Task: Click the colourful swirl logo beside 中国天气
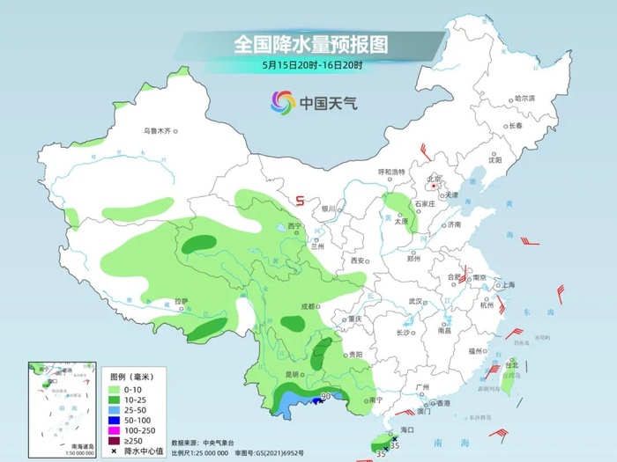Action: point(283,104)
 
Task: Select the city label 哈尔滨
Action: point(524,98)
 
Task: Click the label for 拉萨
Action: point(181,301)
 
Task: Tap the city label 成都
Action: point(307,306)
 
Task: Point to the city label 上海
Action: point(507,285)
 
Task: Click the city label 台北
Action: point(511,363)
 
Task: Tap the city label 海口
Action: point(406,429)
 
